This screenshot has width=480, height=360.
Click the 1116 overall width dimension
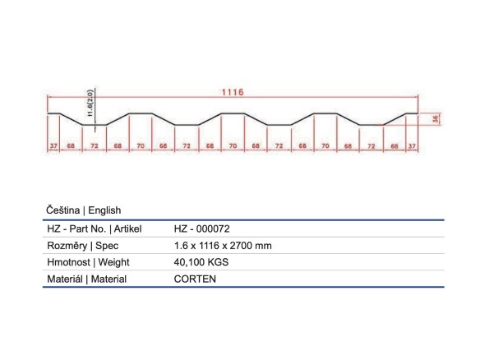(233, 92)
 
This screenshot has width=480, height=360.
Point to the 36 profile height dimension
(436, 119)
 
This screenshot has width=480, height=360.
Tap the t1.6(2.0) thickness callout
(90, 104)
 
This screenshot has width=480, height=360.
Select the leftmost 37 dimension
(53, 146)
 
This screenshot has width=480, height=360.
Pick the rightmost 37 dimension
(412, 146)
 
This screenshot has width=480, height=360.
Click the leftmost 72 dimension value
(95, 146)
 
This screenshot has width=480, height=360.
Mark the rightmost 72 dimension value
(372, 146)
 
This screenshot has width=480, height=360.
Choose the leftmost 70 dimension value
(141, 146)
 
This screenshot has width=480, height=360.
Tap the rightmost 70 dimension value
(325, 146)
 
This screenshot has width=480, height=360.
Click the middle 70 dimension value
(233, 146)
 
